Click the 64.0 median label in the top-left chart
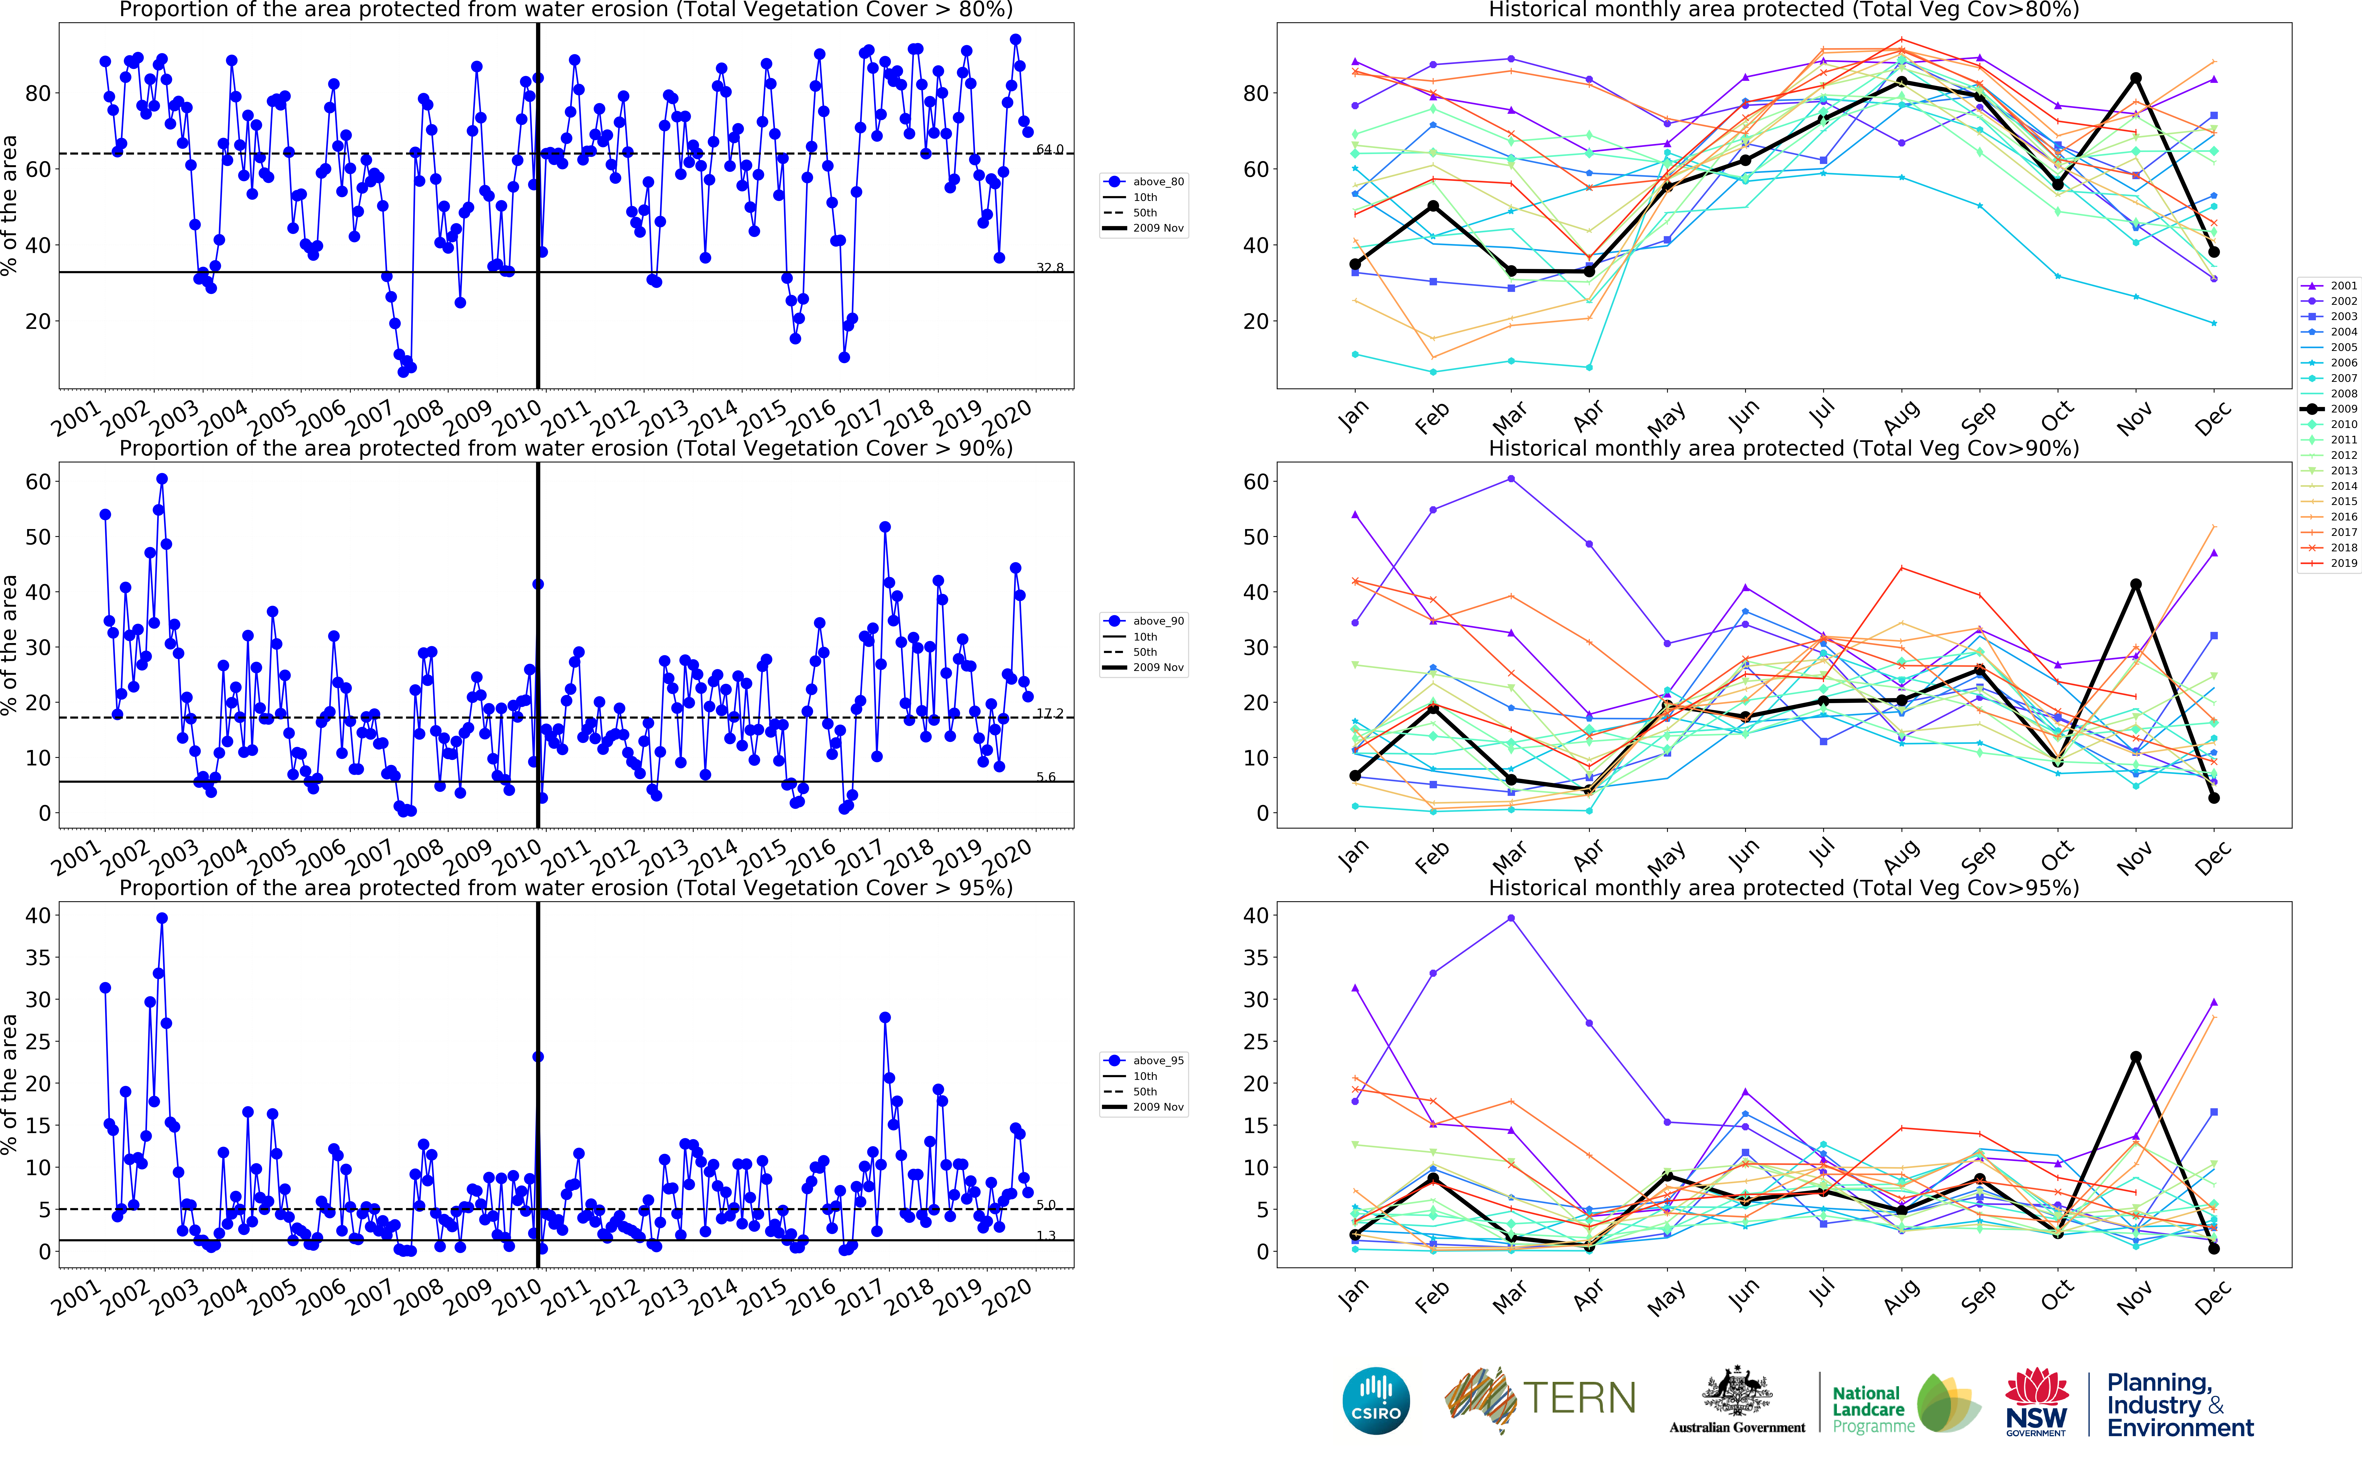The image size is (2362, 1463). coord(1049,149)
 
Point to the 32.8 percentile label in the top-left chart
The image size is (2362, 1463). coord(1049,267)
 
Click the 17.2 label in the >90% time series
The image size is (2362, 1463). coord(1049,713)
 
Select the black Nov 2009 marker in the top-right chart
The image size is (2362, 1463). coord(2136,78)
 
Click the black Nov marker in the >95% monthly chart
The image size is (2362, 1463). coord(2136,1057)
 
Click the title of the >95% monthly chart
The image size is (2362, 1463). coord(1783,887)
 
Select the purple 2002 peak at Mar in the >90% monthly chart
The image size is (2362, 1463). coord(1510,479)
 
